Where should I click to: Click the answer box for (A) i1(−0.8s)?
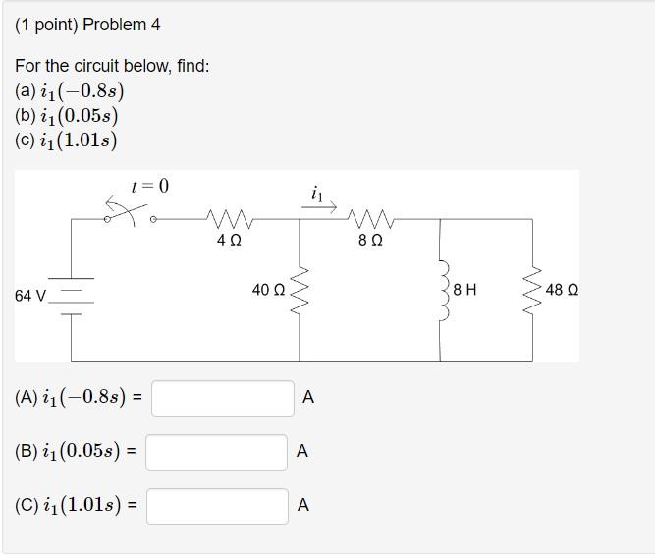[x=222, y=398]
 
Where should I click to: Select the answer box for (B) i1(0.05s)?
[x=217, y=452]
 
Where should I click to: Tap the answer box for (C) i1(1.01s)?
[x=218, y=506]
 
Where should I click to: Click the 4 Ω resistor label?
[x=228, y=241]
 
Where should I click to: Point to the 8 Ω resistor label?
[x=370, y=241]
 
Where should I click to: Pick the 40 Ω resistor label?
[x=268, y=291]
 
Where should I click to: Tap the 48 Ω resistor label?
[x=562, y=291]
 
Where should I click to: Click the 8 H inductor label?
[x=465, y=291]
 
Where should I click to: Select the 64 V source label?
[x=30, y=295]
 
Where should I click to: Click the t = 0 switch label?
[x=149, y=186]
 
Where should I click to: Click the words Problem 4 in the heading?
[x=122, y=25]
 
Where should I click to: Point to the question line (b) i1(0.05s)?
[x=67, y=116]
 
